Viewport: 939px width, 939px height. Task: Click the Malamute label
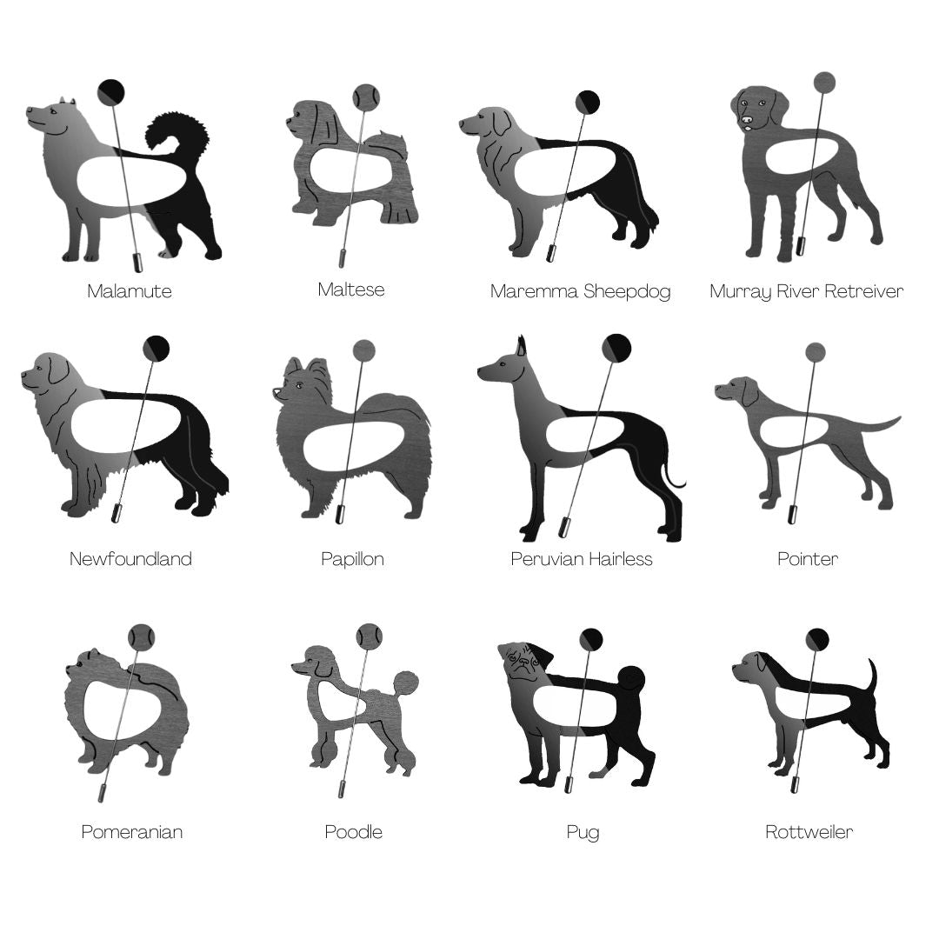[130, 291]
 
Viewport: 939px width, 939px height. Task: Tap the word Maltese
[351, 290]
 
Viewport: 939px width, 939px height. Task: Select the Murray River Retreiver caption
[806, 291]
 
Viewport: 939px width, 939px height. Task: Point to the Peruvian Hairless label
[582, 559]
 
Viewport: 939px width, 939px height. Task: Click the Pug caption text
[583, 832]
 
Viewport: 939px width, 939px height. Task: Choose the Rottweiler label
[809, 832]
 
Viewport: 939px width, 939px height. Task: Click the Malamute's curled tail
[177, 132]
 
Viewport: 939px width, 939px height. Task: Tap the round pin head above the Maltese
[366, 97]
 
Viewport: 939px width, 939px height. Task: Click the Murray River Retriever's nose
[747, 120]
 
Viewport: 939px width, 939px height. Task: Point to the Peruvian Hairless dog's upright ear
[521, 346]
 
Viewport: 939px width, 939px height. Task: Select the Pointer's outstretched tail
[869, 424]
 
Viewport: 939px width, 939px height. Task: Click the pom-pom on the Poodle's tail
[406, 684]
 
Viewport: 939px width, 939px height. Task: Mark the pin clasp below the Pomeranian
[103, 794]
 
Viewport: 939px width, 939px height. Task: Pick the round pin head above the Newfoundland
[156, 348]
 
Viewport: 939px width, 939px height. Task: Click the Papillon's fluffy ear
[317, 371]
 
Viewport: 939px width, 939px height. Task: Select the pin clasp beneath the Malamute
[137, 262]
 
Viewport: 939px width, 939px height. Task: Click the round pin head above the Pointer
[815, 352]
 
